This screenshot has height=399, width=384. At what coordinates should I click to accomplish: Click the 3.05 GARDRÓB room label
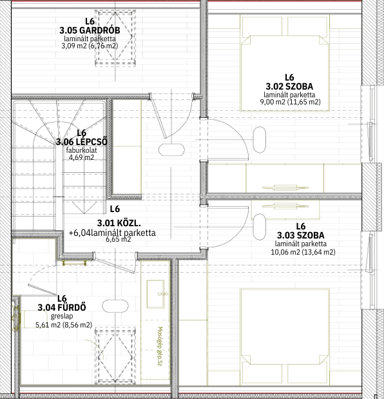tap(90, 30)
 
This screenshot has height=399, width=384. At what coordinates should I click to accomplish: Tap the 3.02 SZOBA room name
tap(289, 86)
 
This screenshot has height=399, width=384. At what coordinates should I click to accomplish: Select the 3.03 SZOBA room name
tap(301, 235)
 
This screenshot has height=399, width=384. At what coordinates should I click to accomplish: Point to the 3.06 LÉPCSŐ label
tap(82, 142)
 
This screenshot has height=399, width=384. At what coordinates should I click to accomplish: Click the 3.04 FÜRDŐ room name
tap(62, 307)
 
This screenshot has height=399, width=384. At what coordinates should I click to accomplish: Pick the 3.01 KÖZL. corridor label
tap(119, 223)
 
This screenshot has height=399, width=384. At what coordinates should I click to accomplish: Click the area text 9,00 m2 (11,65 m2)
tap(290, 102)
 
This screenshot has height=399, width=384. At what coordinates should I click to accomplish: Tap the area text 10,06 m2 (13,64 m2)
tap(303, 252)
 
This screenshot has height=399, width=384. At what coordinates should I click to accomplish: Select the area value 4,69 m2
tap(81, 157)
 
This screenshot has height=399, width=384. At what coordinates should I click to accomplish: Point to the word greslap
tap(62, 316)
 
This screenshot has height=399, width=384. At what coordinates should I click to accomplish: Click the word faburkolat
tap(81, 150)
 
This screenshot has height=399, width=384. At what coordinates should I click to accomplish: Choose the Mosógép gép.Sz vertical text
tap(160, 347)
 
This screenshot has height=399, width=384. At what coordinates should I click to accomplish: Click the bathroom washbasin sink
tap(155, 294)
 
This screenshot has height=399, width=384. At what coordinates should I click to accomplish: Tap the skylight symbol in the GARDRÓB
tap(115, 38)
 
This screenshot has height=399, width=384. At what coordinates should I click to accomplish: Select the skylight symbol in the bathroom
tap(115, 357)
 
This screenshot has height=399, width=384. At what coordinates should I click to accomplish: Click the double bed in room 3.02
tap(285, 63)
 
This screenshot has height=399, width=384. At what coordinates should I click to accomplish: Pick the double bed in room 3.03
tap(285, 337)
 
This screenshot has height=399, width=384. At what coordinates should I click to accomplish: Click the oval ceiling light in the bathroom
tap(115, 306)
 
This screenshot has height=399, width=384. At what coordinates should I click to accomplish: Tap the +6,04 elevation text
tap(80, 233)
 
